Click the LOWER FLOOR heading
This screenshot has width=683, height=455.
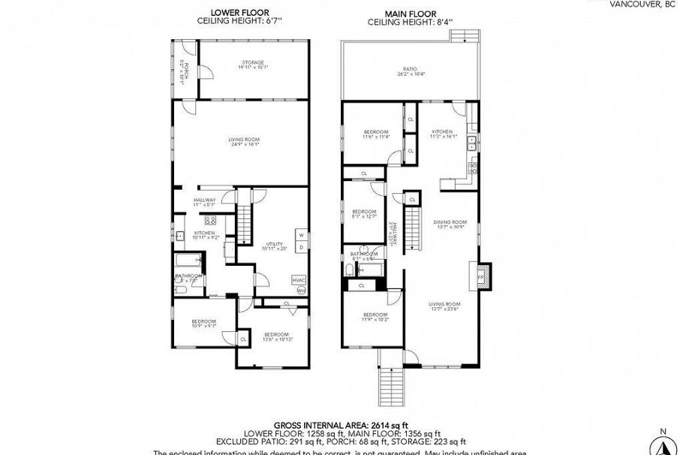(x=240, y=13)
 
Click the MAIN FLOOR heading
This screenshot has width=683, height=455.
(x=410, y=13)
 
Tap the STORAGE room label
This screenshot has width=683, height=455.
(x=253, y=62)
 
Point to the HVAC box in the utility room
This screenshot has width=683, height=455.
(x=298, y=279)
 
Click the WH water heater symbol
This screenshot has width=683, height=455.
(x=301, y=290)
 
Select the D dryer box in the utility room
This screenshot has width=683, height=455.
(x=300, y=246)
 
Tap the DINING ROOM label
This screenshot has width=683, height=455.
(x=450, y=223)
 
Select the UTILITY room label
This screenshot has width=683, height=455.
(x=274, y=245)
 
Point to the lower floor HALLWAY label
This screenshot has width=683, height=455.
(x=204, y=200)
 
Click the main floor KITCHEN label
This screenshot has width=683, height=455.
(x=442, y=132)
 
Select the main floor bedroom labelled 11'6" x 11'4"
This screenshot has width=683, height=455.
(x=375, y=134)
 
